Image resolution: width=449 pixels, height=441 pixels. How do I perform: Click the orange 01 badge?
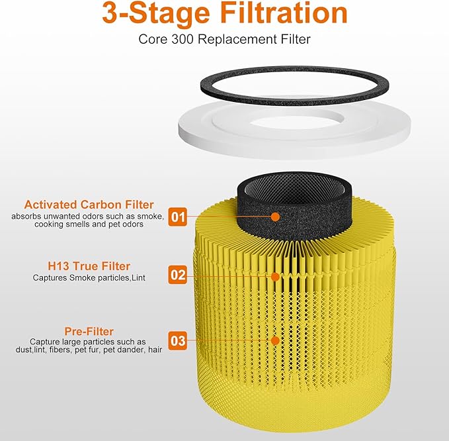[178, 217]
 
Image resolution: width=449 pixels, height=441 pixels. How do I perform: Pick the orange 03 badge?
[178, 341]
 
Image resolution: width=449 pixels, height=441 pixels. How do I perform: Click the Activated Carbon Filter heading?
[89, 205]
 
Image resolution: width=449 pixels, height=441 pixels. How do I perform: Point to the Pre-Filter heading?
[89, 330]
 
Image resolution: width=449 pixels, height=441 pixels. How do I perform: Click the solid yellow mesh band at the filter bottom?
[294, 411]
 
